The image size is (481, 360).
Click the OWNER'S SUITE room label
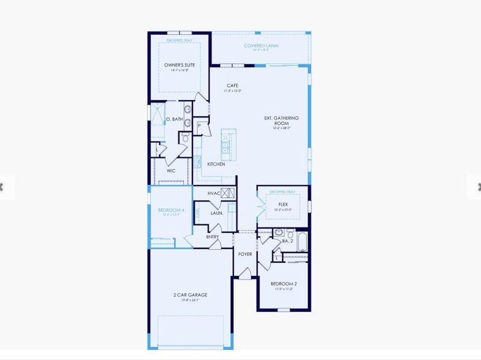click(x=179, y=65)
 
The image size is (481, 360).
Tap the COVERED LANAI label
click(x=261, y=46)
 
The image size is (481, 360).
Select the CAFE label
click(x=232, y=86)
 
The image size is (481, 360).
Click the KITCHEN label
click(x=216, y=164)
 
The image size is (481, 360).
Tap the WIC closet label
click(x=171, y=170)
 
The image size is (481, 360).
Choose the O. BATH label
click(x=174, y=119)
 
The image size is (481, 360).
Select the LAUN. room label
click(x=217, y=213)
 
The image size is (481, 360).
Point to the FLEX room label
click(x=283, y=205)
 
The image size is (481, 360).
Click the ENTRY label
click(x=212, y=236)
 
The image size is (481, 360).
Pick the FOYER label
click(x=245, y=254)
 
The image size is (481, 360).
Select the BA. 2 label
click(x=287, y=241)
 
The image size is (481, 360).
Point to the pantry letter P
click(x=199, y=126)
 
